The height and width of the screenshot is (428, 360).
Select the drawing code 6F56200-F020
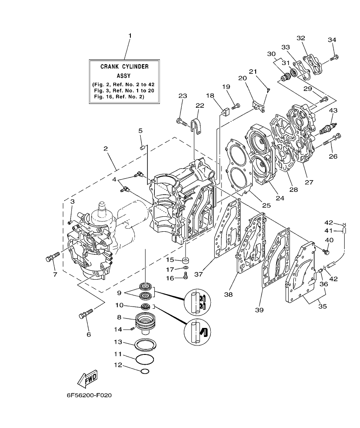click(x=89, y=396)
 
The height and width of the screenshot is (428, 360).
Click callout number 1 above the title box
click(x=130, y=35)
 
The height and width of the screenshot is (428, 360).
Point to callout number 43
click(x=333, y=111)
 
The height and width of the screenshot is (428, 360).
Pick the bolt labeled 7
click(x=52, y=257)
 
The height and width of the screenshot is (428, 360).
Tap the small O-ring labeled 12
click(x=145, y=371)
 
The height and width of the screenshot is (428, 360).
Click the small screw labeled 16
click(x=185, y=277)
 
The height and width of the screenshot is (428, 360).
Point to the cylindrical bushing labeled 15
click(x=186, y=260)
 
